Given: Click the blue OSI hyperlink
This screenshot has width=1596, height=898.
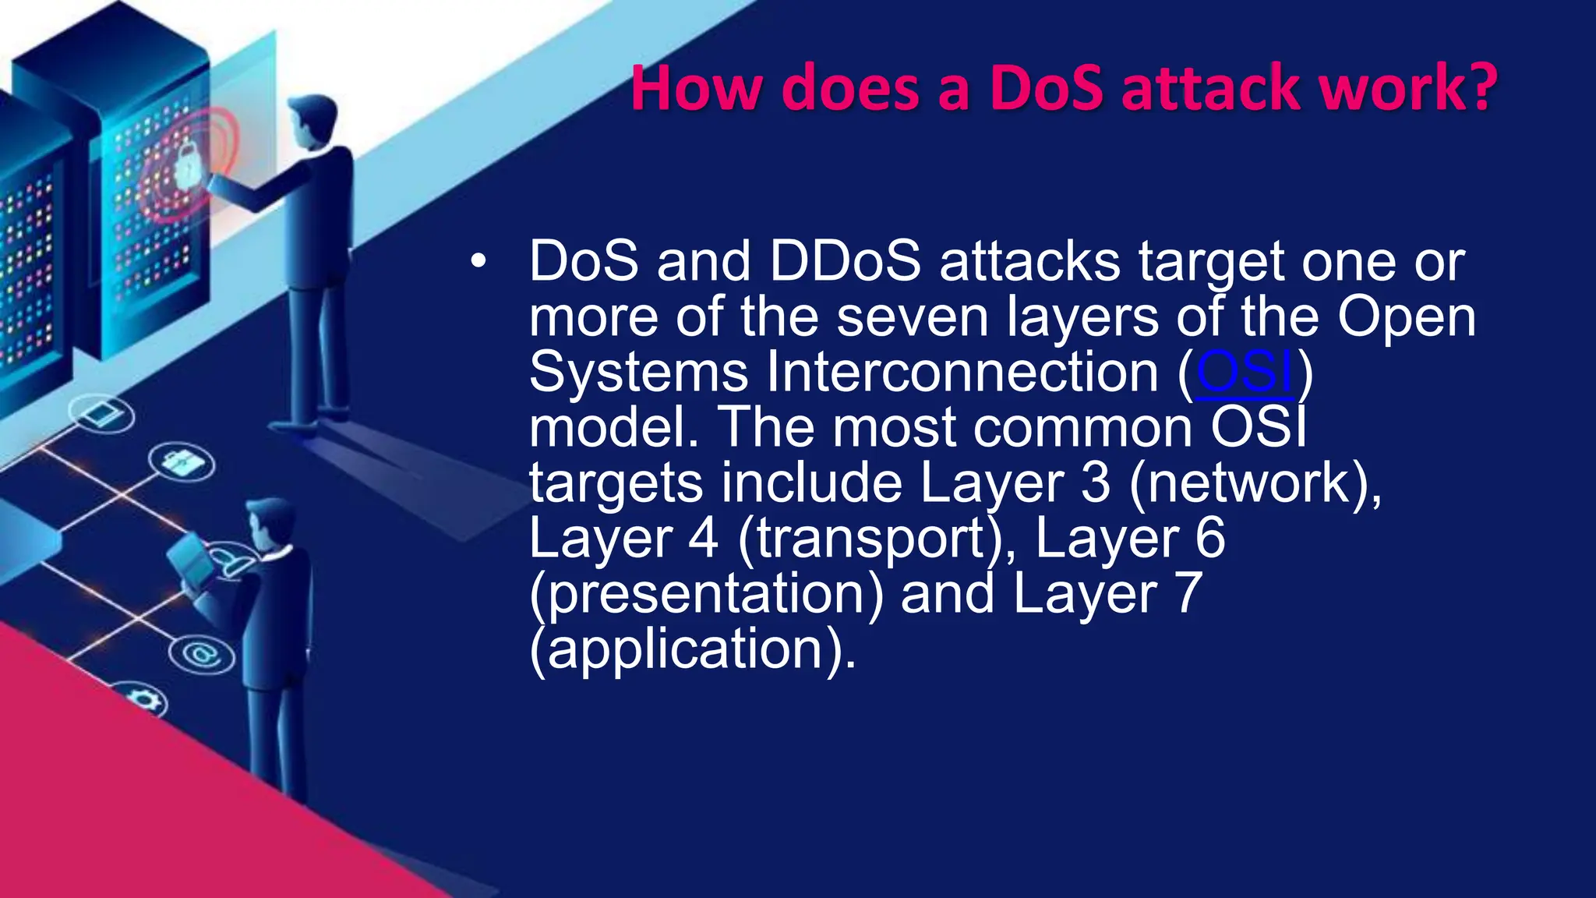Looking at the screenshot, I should click(1245, 373).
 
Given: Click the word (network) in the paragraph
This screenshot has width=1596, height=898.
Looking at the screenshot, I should click(1255, 483).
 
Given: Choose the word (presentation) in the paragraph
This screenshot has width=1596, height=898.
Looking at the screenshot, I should click(706, 594).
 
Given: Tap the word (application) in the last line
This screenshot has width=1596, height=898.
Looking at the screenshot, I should click(692, 649).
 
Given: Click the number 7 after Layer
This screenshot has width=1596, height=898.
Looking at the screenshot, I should click(1186, 594).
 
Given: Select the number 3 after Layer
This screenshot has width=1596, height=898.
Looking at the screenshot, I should click(1096, 483).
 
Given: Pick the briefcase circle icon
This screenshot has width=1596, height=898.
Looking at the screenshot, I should click(182, 462).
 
